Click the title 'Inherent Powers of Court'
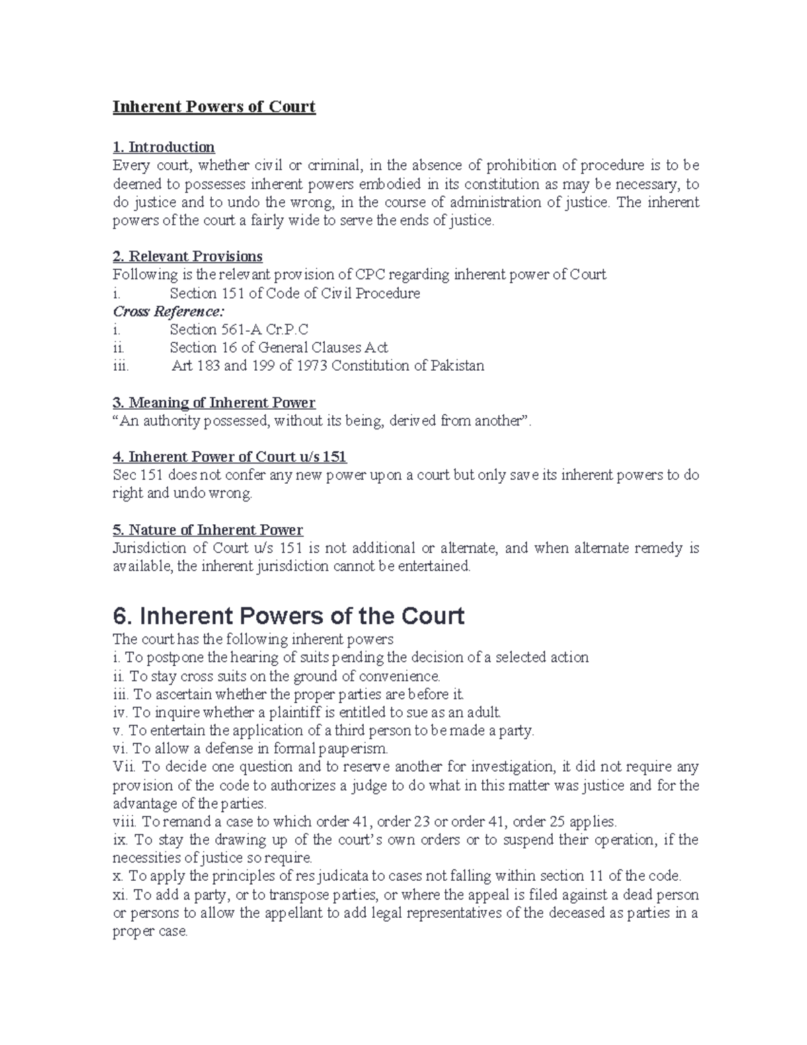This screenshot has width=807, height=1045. (214, 107)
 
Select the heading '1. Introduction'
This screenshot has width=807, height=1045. (163, 147)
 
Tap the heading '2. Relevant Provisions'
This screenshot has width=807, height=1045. (187, 256)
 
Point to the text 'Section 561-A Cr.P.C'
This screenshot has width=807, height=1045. (239, 330)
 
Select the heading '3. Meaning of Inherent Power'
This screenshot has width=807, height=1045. (213, 402)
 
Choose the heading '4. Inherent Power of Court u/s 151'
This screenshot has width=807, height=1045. (229, 457)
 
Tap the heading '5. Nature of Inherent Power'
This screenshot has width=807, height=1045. (207, 530)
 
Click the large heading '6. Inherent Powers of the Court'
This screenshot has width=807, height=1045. (288, 616)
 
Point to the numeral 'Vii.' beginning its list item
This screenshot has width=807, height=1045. (124, 766)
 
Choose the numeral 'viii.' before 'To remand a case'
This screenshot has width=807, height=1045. (124, 822)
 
